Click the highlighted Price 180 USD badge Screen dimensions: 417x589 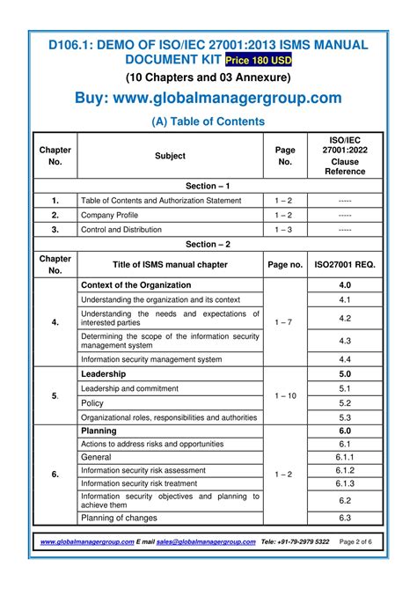coord(259,60)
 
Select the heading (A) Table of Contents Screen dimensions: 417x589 coord(208,121)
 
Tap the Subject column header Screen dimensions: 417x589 coord(170,156)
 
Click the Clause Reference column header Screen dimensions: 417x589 coord(344,156)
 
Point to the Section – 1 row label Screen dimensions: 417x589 coord(208,186)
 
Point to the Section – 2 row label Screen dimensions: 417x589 coord(208,244)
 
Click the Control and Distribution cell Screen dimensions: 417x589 coord(121,229)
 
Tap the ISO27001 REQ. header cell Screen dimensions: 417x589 coord(345,264)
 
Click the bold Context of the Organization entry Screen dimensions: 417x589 coord(135,285)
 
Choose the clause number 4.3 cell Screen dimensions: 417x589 coord(345,341)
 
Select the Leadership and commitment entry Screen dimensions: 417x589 coord(128,388)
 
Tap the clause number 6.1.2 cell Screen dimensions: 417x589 coord(345,470)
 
